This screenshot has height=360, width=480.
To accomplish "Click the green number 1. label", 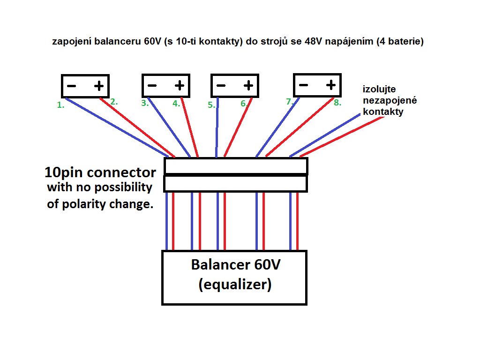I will (x=60, y=105).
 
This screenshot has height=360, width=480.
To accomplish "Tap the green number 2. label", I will (x=113, y=101).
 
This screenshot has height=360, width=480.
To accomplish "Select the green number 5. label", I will (x=211, y=105).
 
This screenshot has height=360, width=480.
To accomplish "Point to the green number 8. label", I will (x=337, y=103).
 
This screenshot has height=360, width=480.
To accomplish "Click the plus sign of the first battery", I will (x=98, y=86).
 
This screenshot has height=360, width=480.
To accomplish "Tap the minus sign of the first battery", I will (x=72, y=86).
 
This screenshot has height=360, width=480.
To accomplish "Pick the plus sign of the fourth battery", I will (x=330, y=85).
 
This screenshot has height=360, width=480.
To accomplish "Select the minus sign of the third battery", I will (x=221, y=86).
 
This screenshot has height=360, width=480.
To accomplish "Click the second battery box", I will (x=166, y=86).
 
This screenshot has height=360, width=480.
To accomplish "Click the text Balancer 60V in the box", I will (x=235, y=265).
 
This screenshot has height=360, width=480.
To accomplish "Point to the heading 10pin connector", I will (x=100, y=172).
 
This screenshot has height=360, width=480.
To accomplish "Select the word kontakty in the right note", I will (x=383, y=112).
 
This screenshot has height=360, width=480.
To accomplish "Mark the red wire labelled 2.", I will (x=138, y=127).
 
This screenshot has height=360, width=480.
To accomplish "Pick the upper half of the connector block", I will (x=235, y=166).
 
